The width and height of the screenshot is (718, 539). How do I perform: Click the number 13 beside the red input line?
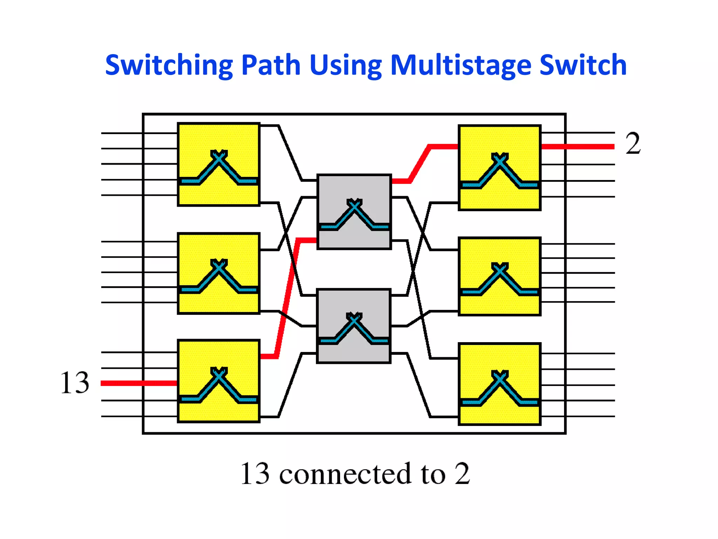click(x=74, y=382)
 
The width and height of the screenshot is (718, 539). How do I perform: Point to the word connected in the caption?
click(x=345, y=474)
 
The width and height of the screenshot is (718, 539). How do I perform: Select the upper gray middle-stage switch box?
click(x=354, y=212)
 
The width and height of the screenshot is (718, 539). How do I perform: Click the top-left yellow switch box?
click(x=219, y=164)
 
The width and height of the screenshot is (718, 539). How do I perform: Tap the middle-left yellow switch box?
click(x=219, y=273)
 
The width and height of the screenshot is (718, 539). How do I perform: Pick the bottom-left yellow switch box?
click(x=219, y=381)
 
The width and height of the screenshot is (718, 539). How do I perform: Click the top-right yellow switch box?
click(x=500, y=168)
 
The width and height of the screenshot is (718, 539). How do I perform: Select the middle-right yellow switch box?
click(x=500, y=277)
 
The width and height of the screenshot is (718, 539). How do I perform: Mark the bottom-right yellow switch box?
click(x=500, y=384)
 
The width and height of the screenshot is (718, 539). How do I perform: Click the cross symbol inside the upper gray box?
click(x=354, y=205)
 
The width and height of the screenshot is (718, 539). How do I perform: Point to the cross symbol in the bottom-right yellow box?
click(x=500, y=377)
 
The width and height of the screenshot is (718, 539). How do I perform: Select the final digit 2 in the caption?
click(x=462, y=474)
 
